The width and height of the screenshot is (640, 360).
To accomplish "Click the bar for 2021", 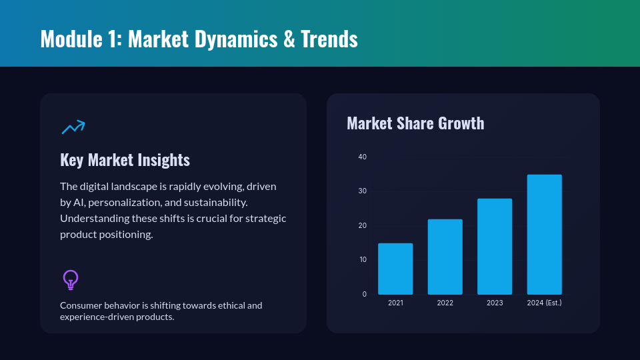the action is (395, 269).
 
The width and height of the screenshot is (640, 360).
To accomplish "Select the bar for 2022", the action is (445, 257).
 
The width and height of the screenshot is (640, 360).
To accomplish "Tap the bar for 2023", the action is (495, 247).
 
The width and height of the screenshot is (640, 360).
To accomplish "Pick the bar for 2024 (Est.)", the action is (545, 235).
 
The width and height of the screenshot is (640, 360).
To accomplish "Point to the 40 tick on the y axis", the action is (363, 157).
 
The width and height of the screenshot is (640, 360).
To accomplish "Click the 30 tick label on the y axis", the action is (363, 191).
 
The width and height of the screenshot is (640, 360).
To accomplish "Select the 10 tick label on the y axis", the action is (363, 259).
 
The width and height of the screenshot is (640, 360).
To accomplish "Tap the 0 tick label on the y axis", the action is (365, 294).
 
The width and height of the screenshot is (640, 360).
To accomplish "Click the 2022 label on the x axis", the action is (445, 303).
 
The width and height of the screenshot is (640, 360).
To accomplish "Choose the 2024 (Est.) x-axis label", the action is (545, 303).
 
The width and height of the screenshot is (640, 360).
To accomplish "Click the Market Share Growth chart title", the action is (415, 123).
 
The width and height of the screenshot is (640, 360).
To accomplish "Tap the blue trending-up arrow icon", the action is (73, 127).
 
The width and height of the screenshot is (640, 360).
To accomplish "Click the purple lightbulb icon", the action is (71, 279).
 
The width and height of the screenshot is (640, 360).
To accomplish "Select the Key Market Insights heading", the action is (125, 159).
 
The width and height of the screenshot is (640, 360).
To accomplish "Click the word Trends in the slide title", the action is (329, 39).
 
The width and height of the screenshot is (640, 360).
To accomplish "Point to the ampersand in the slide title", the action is (289, 39).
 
